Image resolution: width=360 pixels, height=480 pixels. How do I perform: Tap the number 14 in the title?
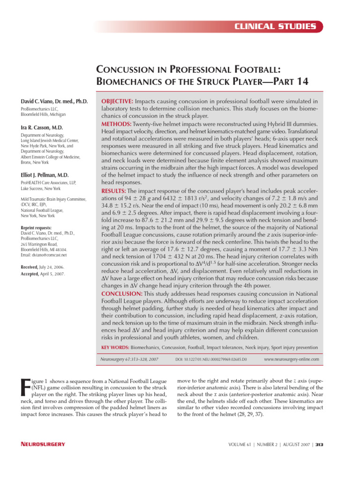[x=300, y=81]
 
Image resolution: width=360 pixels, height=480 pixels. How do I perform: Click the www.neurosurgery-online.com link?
[x=292, y=359]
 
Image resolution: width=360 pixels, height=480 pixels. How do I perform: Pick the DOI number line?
[x=211, y=359]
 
